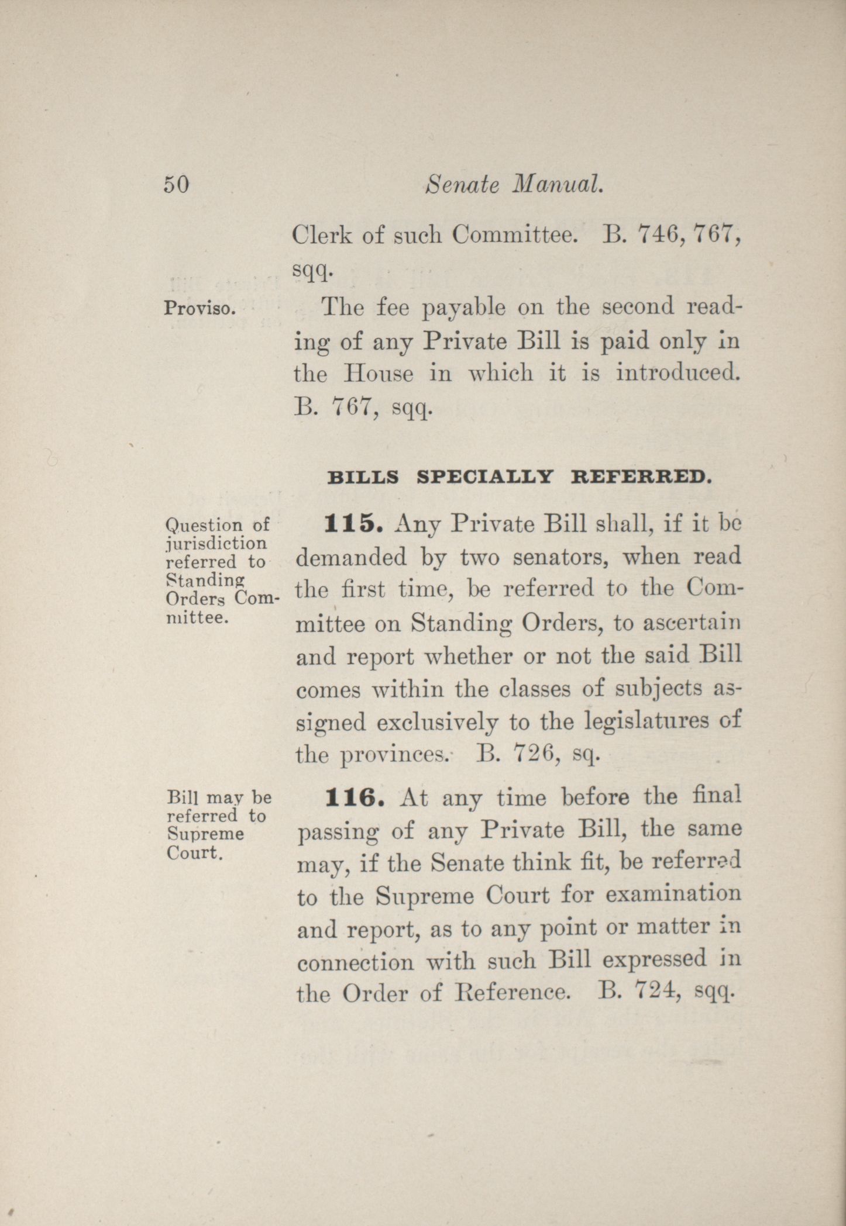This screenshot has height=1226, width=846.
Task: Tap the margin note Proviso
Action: (199, 308)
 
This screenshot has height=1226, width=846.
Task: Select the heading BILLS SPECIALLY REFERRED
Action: (519, 478)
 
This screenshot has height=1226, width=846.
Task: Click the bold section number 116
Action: (353, 798)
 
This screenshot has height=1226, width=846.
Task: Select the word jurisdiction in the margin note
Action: (216, 543)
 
